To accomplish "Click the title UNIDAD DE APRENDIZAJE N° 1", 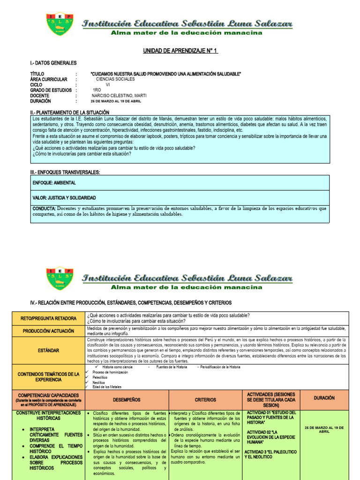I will click(x=180, y=50).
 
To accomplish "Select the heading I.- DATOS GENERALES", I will click(x=53, y=63).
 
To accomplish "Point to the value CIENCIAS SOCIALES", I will click(x=115, y=80).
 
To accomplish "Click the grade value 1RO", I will click(x=97, y=90).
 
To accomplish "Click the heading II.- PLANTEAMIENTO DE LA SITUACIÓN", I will click(x=69, y=112).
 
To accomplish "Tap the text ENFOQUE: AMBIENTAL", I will click(x=54, y=182).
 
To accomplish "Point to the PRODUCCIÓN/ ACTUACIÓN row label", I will click(x=49, y=331).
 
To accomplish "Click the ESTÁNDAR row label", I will click(x=49, y=350).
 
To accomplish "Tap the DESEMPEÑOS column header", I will click(x=127, y=399).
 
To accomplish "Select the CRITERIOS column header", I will click(x=205, y=399).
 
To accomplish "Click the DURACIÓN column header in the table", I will click(x=324, y=397).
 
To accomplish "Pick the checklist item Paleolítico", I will click(x=100, y=377).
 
